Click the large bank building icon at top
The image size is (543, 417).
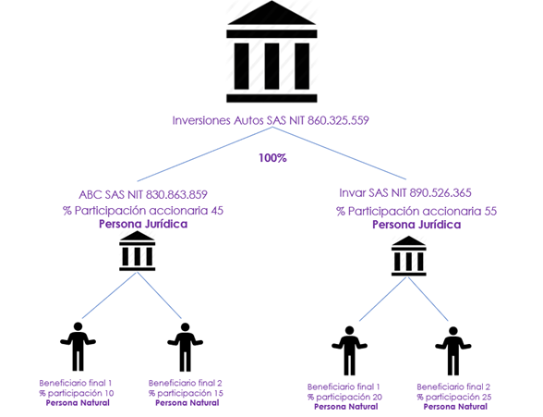[271, 52]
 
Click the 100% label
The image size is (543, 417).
[273, 158]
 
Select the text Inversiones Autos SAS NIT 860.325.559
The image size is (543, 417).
[271, 120]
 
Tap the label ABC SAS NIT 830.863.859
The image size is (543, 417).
[143, 195]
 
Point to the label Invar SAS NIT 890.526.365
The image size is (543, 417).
[405, 193]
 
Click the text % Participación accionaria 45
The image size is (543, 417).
[143, 211]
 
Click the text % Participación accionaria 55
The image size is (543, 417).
[416, 211]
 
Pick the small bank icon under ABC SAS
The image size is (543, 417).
[138, 251]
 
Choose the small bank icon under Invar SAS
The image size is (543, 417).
[409, 256]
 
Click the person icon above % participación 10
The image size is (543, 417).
[78, 347]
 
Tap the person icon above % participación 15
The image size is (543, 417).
[186, 347]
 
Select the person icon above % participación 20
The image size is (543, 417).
[349, 350]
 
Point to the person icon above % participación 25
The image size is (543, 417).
[452, 350]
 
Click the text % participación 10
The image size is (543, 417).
[77, 394]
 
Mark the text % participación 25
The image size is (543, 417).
[454, 397]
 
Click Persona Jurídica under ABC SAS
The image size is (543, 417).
[143, 224]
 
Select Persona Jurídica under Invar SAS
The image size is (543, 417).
[416, 225]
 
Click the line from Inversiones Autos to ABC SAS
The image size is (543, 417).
[205, 154]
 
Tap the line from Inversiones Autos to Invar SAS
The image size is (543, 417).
[339, 153]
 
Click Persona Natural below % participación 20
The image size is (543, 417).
[346, 407]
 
